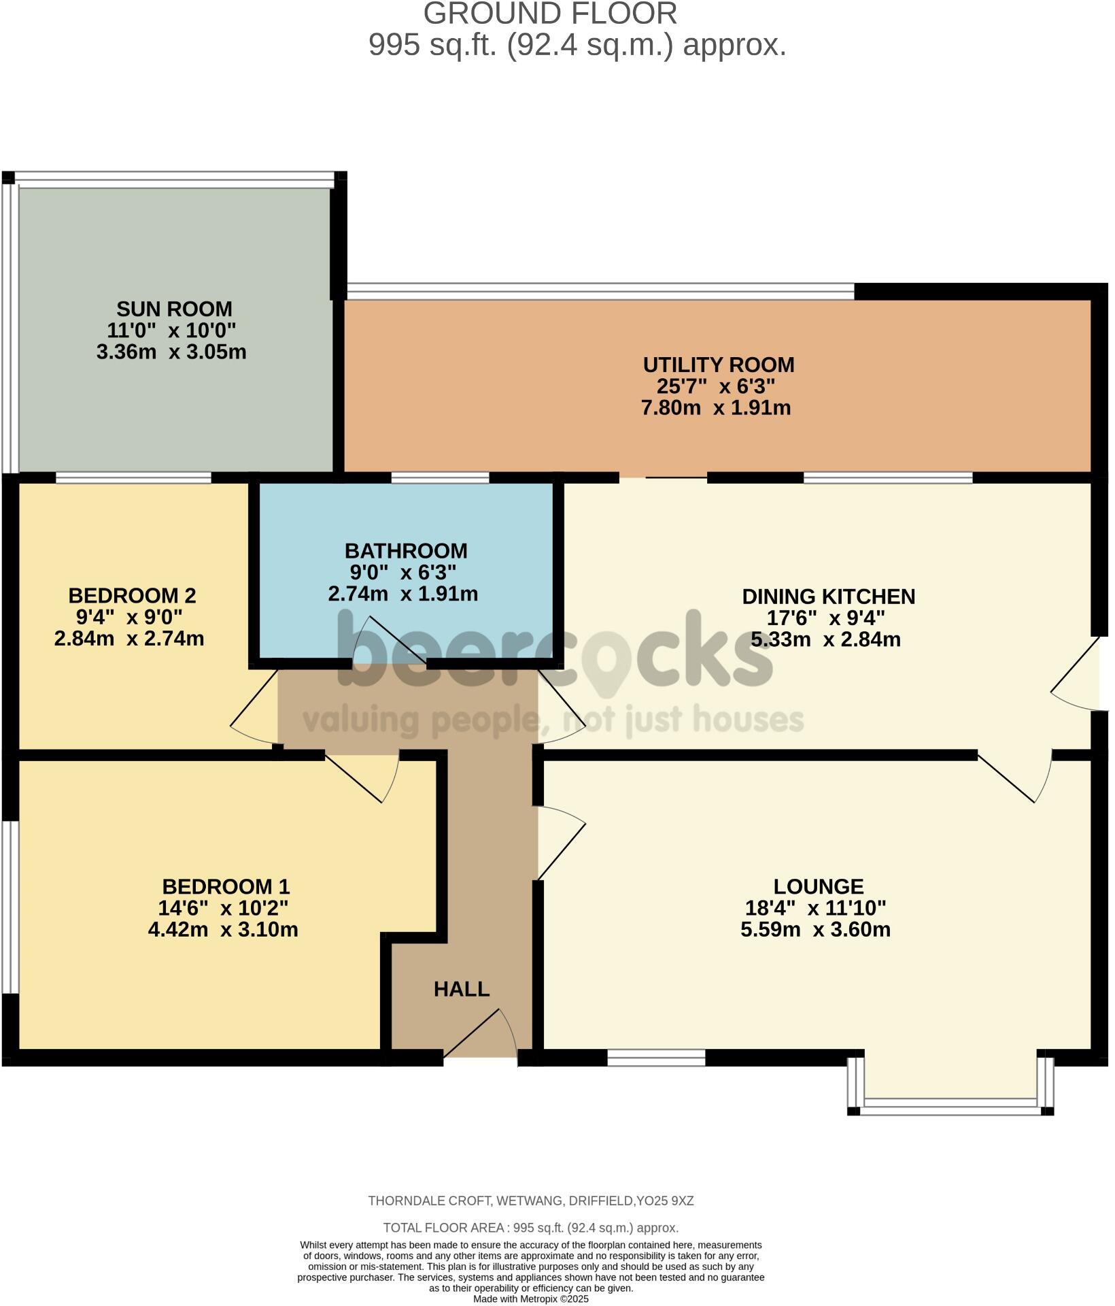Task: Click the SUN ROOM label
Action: (x=174, y=309)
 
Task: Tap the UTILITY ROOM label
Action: (x=718, y=365)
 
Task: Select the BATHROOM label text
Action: (x=406, y=551)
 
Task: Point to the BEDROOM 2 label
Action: (x=132, y=597)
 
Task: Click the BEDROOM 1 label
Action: (x=226, y=887)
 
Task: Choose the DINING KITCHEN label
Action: (x=828, y=597)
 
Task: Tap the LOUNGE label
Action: (x=818, y=887)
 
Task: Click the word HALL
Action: (x=462, y=990)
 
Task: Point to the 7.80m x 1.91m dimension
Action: (x=716, y=408)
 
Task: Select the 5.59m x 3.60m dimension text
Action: (x=815, y=930)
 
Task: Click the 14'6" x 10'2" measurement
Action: (x=223, y=909)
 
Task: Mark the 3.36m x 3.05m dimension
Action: (x=171, y=352)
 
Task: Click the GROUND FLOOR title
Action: (x=550, y=14)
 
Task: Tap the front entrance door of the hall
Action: (x=481, y=1034)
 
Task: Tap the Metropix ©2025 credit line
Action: (x=531, y=1299)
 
